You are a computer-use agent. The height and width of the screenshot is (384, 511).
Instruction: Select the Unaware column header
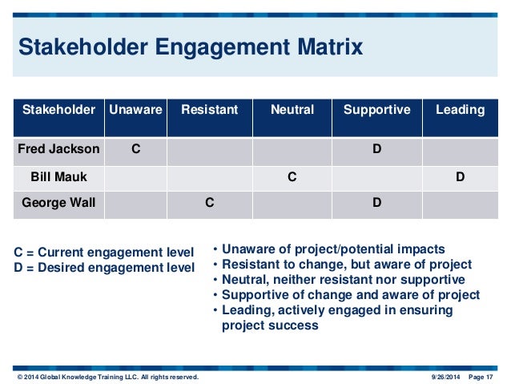[x=135, y=110]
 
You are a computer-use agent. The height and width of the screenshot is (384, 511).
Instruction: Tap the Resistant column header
[x=209, y=110]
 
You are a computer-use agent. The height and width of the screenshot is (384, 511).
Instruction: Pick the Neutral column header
[x=292, y=110]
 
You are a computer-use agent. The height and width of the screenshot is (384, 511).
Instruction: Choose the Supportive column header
[x=376, y=110]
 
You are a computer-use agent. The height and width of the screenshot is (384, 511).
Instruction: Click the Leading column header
[x=460, y=110]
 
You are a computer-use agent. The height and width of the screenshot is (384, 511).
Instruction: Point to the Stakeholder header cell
[x=58, y=110]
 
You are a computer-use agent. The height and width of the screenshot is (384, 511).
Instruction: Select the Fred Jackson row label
[x=58, y=148]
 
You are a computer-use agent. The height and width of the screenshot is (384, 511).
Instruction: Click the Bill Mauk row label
[x=58, y=176]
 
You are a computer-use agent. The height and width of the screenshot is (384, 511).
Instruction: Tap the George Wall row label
[x=58, y=203]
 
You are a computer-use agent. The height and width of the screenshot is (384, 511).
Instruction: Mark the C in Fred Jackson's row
[x=135, y=148]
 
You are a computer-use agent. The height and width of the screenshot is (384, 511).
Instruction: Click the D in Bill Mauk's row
[x=460, y=176]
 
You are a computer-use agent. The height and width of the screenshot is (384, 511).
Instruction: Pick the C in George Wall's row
[x=209, y=203]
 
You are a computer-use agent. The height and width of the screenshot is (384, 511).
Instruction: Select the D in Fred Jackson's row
[x=376, y=148]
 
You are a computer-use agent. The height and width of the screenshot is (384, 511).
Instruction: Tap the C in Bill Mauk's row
[x=292, y=176]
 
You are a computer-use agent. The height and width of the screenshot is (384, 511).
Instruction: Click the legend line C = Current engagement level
[x=104, y=252]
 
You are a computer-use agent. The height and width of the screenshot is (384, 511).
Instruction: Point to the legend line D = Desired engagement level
[x=104, y=266]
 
